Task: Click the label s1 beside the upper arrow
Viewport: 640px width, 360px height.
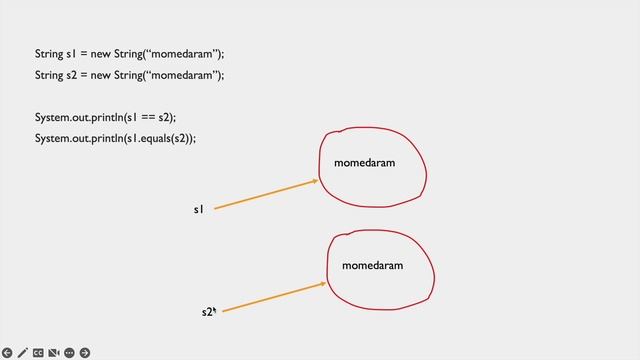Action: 198,209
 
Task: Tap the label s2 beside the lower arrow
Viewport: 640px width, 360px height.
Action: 207,312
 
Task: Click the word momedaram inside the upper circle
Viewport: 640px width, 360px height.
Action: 364,162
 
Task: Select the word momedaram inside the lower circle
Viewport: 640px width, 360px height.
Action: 372,265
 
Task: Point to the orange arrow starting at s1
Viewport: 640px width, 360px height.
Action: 265,195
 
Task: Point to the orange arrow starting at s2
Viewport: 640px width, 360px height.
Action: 273,297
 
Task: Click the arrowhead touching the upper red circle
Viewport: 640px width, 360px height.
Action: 315,181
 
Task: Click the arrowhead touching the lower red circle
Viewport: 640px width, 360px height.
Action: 323,283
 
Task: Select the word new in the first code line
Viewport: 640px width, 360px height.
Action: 102,53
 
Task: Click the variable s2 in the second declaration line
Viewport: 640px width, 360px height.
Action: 71,75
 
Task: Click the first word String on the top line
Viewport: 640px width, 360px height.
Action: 48,53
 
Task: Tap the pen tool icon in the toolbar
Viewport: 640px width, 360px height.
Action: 23,352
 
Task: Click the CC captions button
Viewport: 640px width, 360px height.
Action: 38,352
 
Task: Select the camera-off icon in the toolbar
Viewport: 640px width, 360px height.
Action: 54,352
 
